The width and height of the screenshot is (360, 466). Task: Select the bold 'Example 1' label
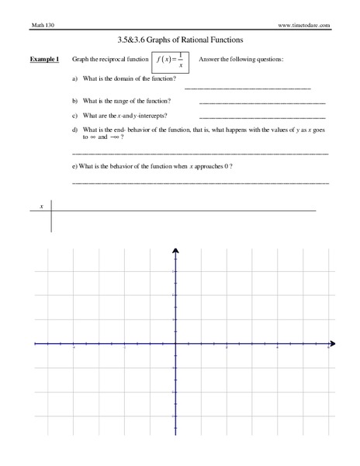click(x=45, y=60)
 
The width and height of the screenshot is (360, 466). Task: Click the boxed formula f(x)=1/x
click(x=171, y=61)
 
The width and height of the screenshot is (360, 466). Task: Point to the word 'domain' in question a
click(x=123, y=79)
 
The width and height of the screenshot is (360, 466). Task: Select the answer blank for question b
click(x=262, y=103)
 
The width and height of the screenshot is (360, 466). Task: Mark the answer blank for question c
click(x=262, y=117)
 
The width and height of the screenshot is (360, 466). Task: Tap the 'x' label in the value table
click(x=41, y=207)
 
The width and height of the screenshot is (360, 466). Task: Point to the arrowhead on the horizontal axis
click(x=332, y=343)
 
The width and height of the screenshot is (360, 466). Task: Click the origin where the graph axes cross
click(x=175, y=343)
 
